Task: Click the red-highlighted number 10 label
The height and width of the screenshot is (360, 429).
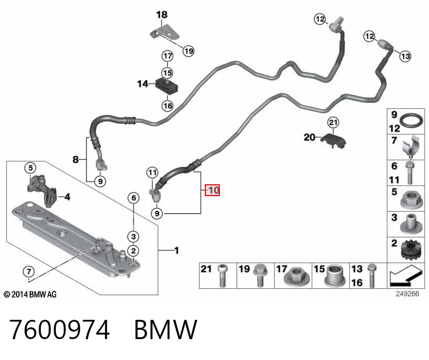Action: (x=212, y=190)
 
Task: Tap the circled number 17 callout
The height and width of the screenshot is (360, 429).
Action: (x=167, y=56)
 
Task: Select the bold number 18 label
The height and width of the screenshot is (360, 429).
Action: (x=162, y=15)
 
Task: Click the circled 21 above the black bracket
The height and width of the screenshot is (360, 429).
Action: (x=333, y=123)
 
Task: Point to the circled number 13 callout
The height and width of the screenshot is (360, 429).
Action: (x=405, y=56)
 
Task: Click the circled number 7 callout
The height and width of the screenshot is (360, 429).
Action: (x=29, y=272)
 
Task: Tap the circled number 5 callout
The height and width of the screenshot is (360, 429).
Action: (x=31, y=168)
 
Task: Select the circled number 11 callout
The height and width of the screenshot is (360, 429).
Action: (x=152, y=172)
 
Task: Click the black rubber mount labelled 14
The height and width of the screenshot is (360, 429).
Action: (x=167, y=86)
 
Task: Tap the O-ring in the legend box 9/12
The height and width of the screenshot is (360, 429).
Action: (x=411, y=121)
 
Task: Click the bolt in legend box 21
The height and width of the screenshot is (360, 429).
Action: (x=223, y=276)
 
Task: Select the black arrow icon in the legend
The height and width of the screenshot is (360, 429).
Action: (x=405, y=276)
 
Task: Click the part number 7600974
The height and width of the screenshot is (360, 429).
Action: (x=60, y=329)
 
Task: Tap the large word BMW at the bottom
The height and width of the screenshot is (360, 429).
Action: (x=166, y=329)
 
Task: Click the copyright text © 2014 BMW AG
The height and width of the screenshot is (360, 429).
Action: (x=30, y=295)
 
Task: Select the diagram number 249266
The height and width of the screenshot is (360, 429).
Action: (x=407, y=294)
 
